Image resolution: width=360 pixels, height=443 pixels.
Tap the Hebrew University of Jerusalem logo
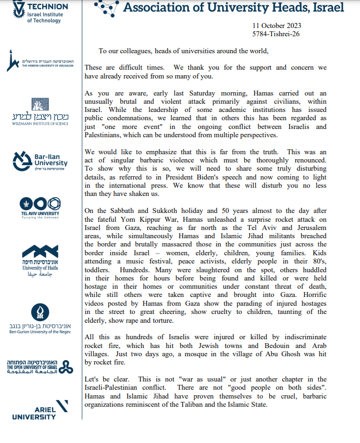point(39,61)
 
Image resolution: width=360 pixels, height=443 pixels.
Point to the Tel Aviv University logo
point(40,207)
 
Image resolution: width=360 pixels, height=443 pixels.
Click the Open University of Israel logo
point(38,367)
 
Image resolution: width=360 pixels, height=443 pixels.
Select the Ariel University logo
point(49,410)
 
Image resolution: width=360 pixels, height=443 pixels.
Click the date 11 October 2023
point(277,26)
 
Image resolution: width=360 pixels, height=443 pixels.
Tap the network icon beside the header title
point(107,7)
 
